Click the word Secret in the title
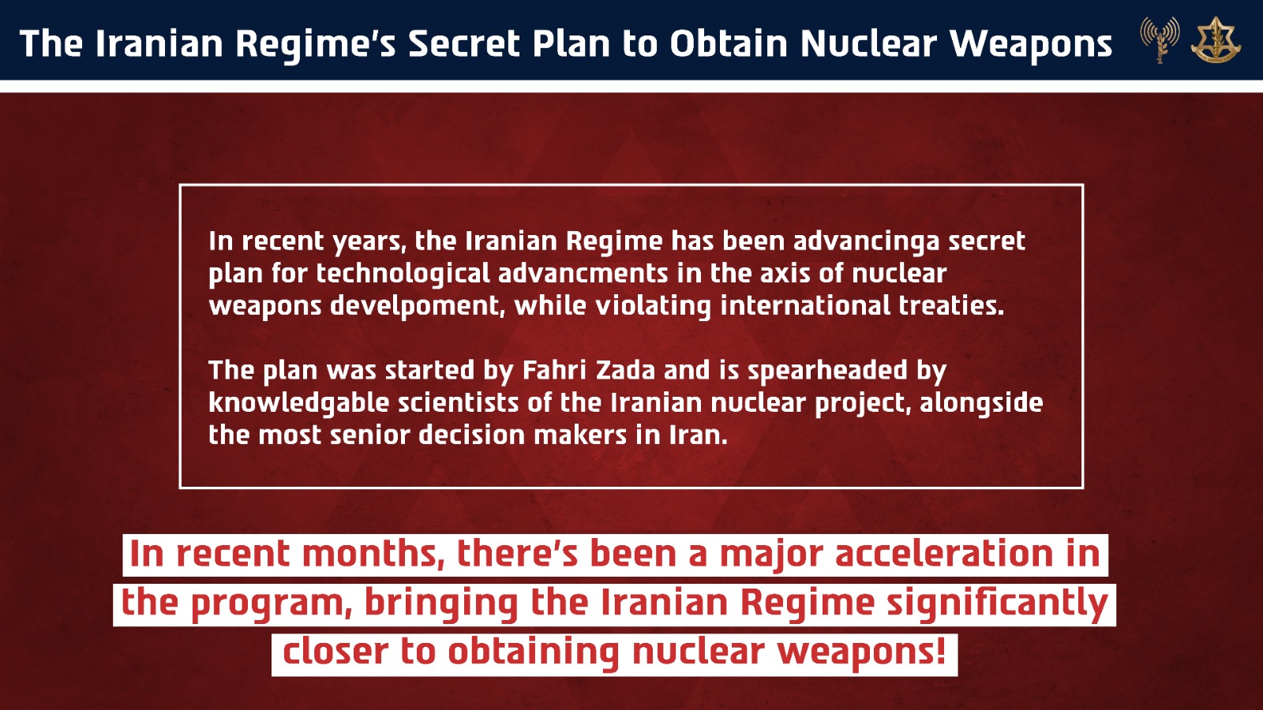(463, 44)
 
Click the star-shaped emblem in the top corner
(1216, 40)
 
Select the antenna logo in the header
(1159, 39)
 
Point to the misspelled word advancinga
(866, 241)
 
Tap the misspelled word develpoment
(417, 306)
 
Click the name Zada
(625, 370)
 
